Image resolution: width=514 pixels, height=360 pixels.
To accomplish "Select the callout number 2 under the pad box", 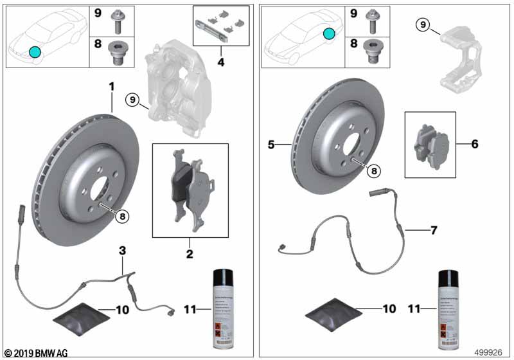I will tap(190, 255).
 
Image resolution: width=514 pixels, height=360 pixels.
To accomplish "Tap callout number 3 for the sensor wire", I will tap(122, 249).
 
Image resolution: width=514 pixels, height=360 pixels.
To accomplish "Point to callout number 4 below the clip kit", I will tap(220, 63).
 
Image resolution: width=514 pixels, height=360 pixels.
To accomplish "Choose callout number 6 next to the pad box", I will tap(474, 144).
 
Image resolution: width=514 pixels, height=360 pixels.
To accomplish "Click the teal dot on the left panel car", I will tap(34, 51).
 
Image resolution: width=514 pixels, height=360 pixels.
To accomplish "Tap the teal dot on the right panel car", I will tap(328, 34).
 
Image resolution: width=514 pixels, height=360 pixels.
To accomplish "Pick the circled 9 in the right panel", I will tap(421, 25).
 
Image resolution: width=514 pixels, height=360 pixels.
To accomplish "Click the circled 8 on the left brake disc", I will tap(122, 216).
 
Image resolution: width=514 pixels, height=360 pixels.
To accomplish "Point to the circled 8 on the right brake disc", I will tap(373, 170).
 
